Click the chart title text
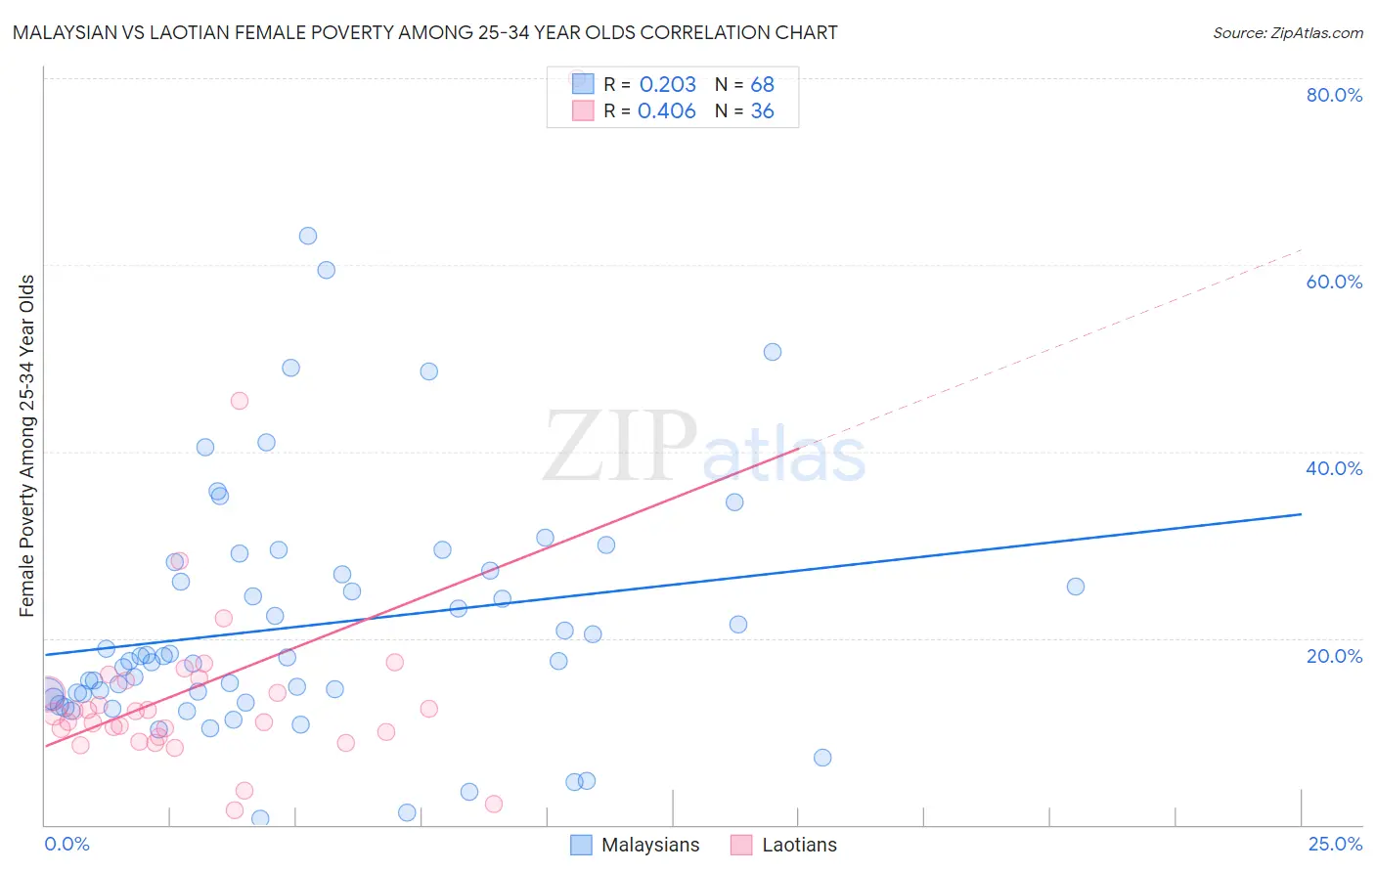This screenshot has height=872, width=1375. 424,32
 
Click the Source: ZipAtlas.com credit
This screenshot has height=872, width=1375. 1287,32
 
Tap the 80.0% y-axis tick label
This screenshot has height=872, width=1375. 1334,95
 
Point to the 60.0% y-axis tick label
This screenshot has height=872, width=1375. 1334,282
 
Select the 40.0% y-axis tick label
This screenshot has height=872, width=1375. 1334,468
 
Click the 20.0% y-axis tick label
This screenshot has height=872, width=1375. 1334,656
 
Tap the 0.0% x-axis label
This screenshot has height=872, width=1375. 67,844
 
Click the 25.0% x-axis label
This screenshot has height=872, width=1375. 1335,844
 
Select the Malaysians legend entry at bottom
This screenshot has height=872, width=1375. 636,845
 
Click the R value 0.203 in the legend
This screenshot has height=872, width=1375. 667,85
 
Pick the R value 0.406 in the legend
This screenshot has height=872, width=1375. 667,111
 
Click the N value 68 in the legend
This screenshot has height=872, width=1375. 762,85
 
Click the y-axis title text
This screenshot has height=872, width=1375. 27,446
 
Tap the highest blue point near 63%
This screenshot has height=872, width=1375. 308,236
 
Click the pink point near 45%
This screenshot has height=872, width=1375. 240,401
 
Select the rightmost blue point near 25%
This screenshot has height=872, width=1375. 1076,587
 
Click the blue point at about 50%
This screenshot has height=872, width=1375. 773,352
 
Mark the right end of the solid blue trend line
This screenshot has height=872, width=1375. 1301,513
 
